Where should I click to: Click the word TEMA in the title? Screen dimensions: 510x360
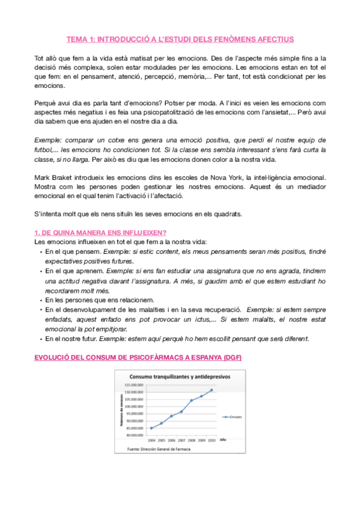point(76,40)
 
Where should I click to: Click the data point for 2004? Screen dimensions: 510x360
point(151,428)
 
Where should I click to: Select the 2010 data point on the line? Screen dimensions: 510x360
point(212,390)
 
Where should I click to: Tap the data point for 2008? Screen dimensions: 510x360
point(192,401)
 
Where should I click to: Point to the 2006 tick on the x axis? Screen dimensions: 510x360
point(171,440)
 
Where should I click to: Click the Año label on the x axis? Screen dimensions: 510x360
point(224,440)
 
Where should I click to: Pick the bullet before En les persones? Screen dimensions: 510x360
point(40,299)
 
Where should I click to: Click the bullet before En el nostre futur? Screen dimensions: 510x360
point(40,339)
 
